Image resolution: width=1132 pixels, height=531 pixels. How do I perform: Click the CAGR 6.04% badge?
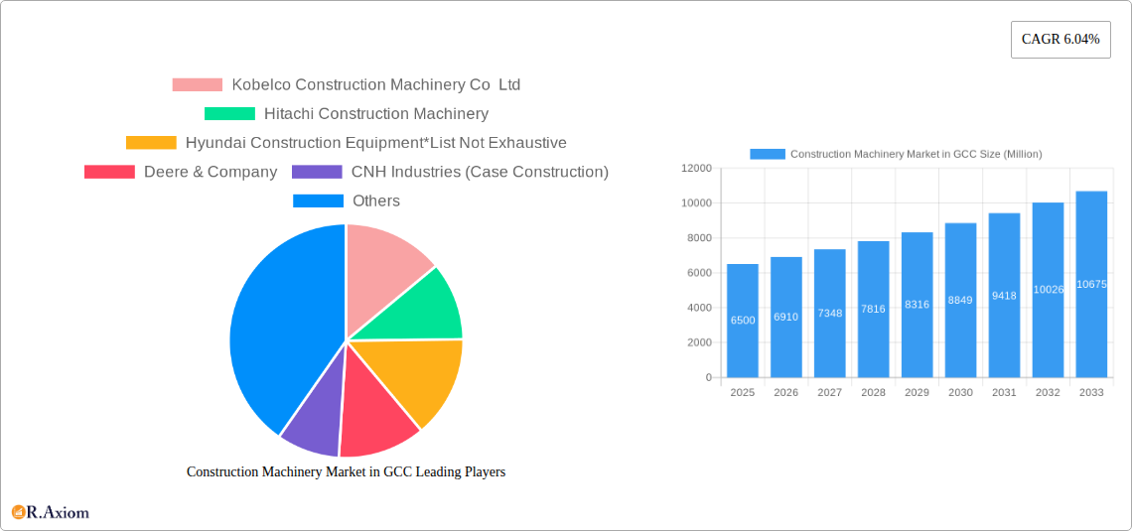(1060, 40)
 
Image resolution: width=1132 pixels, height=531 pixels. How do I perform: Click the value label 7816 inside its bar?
(873, 310)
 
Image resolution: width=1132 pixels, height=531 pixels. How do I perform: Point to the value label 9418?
(1004, 296)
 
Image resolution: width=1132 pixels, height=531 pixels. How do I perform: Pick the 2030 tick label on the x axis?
(960, 393)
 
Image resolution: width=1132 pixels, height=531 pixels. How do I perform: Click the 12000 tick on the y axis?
(696, 169)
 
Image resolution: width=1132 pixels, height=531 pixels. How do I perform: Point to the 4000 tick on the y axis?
(699, 308)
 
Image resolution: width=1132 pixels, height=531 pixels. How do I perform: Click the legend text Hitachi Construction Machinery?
(375, 114)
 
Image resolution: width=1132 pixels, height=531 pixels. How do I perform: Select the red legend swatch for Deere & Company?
(109, 172)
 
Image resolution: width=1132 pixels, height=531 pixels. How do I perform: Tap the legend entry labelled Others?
(375, 200)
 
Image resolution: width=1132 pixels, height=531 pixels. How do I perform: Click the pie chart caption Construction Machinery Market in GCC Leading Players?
(346, 472)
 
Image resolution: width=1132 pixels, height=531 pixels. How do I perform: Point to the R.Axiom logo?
(51, 512)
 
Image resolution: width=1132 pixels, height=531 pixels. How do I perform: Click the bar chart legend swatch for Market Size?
(767, 154)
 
